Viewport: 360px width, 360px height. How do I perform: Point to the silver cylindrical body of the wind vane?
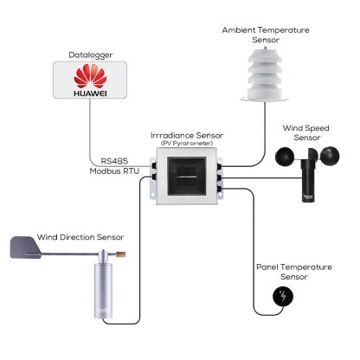coord(106,290)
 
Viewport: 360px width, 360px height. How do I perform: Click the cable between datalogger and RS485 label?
coord(92,130)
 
